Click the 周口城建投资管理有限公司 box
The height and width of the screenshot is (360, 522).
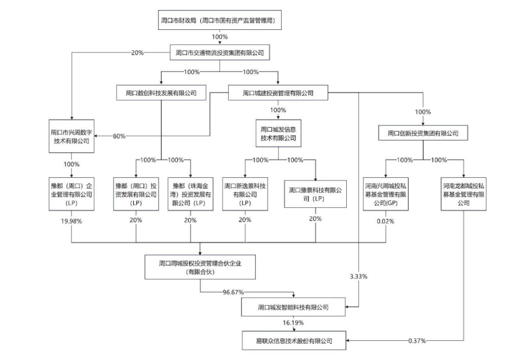(278, 92)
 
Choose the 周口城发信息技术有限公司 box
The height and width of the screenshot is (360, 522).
(278, 132)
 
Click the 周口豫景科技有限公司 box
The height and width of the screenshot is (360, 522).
(316, 194)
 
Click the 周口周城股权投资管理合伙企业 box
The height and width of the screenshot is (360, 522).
(200, 266)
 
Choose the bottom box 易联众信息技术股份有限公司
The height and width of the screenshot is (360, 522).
(295, 340)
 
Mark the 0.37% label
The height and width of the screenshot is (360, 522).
(417, 340)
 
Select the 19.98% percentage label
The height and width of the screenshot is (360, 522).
(70, 220)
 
